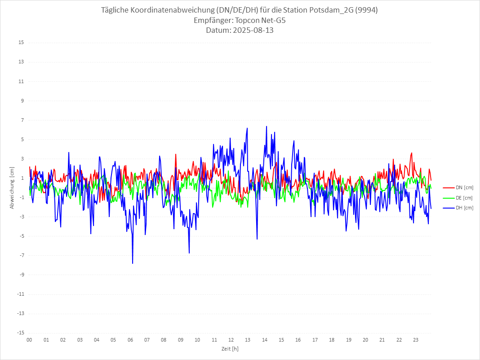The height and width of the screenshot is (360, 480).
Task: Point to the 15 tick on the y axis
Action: click(21, 43)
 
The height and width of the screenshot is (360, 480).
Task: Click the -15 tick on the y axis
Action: click(20, 333)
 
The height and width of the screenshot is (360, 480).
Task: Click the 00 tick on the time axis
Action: click(29, 340)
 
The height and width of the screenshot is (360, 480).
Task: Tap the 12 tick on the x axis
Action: click(231, 340)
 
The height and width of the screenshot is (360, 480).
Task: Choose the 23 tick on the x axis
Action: click(416, 340)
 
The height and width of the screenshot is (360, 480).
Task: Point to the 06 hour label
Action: click(130, 340)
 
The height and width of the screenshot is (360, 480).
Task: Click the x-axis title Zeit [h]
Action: click(230, 348)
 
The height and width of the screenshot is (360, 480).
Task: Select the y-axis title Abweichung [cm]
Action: click(12, 188)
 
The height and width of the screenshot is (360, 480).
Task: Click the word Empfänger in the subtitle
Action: click(213, 20)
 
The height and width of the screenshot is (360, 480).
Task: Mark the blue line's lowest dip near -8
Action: click(133, 263)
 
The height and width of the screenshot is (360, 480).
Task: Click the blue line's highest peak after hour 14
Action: click(267, 126)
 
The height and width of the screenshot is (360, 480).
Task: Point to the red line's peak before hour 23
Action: click(411, 153)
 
